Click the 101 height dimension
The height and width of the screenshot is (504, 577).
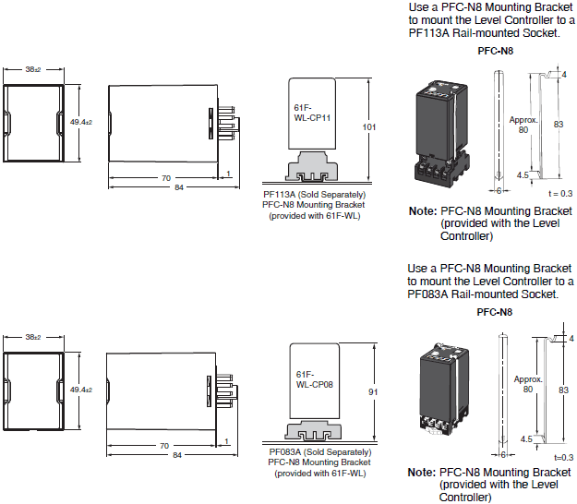point(370,126)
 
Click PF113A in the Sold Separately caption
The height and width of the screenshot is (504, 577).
point(278,195)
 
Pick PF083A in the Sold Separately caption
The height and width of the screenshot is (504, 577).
point(282,452)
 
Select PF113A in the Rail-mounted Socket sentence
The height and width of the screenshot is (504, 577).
point(428,33)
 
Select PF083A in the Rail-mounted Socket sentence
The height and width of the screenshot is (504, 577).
point(428,294)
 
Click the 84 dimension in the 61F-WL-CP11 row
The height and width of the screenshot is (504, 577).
point(166,187)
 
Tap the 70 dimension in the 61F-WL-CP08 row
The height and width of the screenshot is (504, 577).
point(165,445)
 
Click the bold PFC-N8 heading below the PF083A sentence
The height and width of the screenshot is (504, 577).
point(495,312)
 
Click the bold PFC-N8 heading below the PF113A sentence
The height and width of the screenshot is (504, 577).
point(495,52)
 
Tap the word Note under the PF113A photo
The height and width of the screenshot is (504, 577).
point(422,211)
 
